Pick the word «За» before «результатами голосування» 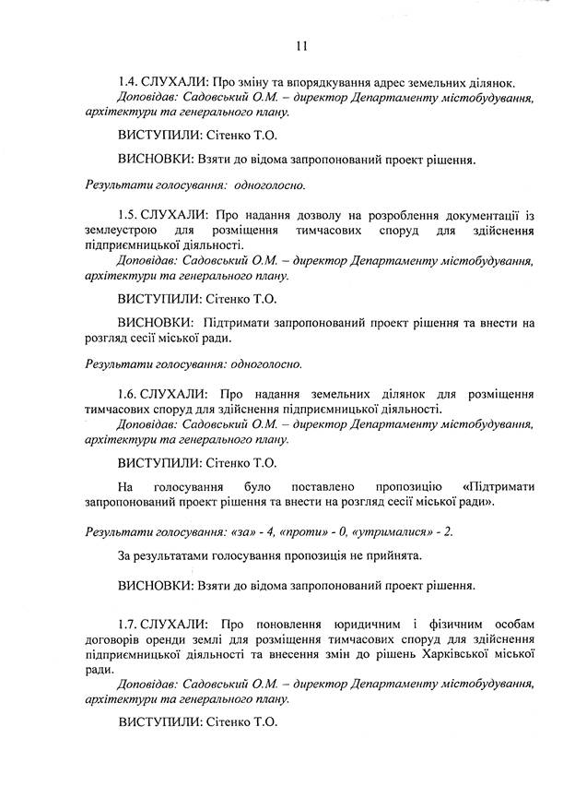click(x=127, y=556)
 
